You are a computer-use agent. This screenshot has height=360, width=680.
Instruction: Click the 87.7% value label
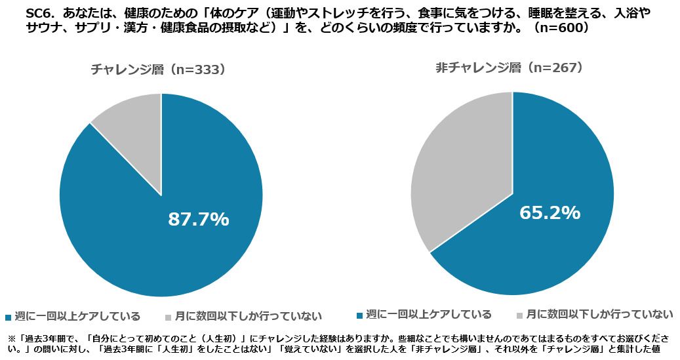coord(199,220)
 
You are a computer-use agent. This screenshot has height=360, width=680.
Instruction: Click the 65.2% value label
coord(550,213)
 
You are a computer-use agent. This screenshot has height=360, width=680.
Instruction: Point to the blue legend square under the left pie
coord(8,317)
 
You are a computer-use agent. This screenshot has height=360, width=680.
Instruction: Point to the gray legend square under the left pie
coord(168,317)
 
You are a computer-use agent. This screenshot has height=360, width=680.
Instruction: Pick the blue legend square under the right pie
coord(359,314)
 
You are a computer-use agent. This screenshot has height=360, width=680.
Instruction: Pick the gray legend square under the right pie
coord(519,314)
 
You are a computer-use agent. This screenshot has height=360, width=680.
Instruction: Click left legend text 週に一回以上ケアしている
coord(77,317)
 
